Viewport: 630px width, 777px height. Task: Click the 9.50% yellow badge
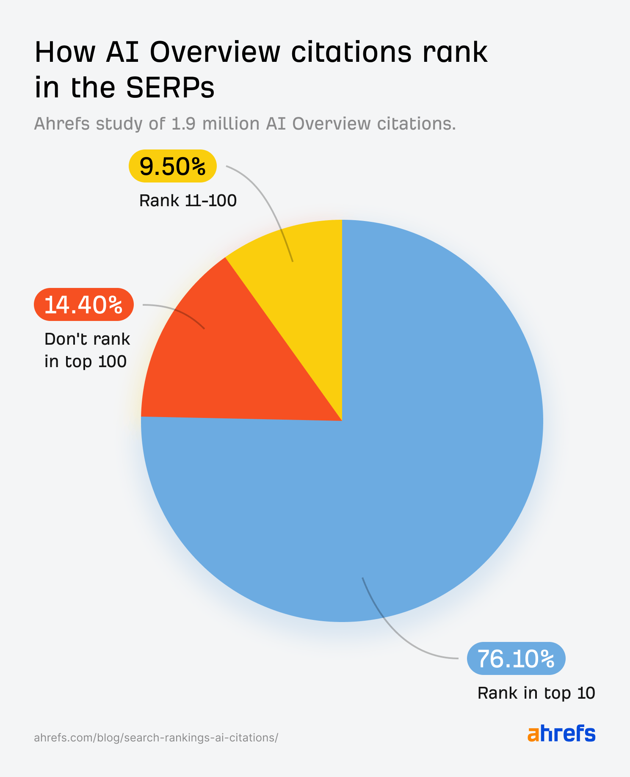point(173,166)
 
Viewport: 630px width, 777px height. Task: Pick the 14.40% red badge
point(84,305)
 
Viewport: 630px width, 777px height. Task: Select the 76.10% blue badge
point(516,658)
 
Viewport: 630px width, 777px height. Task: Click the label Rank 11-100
point(188,201)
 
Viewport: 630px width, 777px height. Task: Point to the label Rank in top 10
point(536,693)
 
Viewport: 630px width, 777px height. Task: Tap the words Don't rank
point(87,339)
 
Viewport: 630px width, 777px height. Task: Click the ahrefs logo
point(561,733)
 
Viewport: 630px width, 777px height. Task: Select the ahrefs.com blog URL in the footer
point(156,738)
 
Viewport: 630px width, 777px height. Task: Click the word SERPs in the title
point(170,88)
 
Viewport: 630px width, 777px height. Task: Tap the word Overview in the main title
point(215,52)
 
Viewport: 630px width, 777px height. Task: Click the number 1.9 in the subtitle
point(183,124)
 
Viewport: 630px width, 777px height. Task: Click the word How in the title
point(65,52)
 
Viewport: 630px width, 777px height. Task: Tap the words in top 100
point(86,362)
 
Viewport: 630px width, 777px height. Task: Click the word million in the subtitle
point(231,124)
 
